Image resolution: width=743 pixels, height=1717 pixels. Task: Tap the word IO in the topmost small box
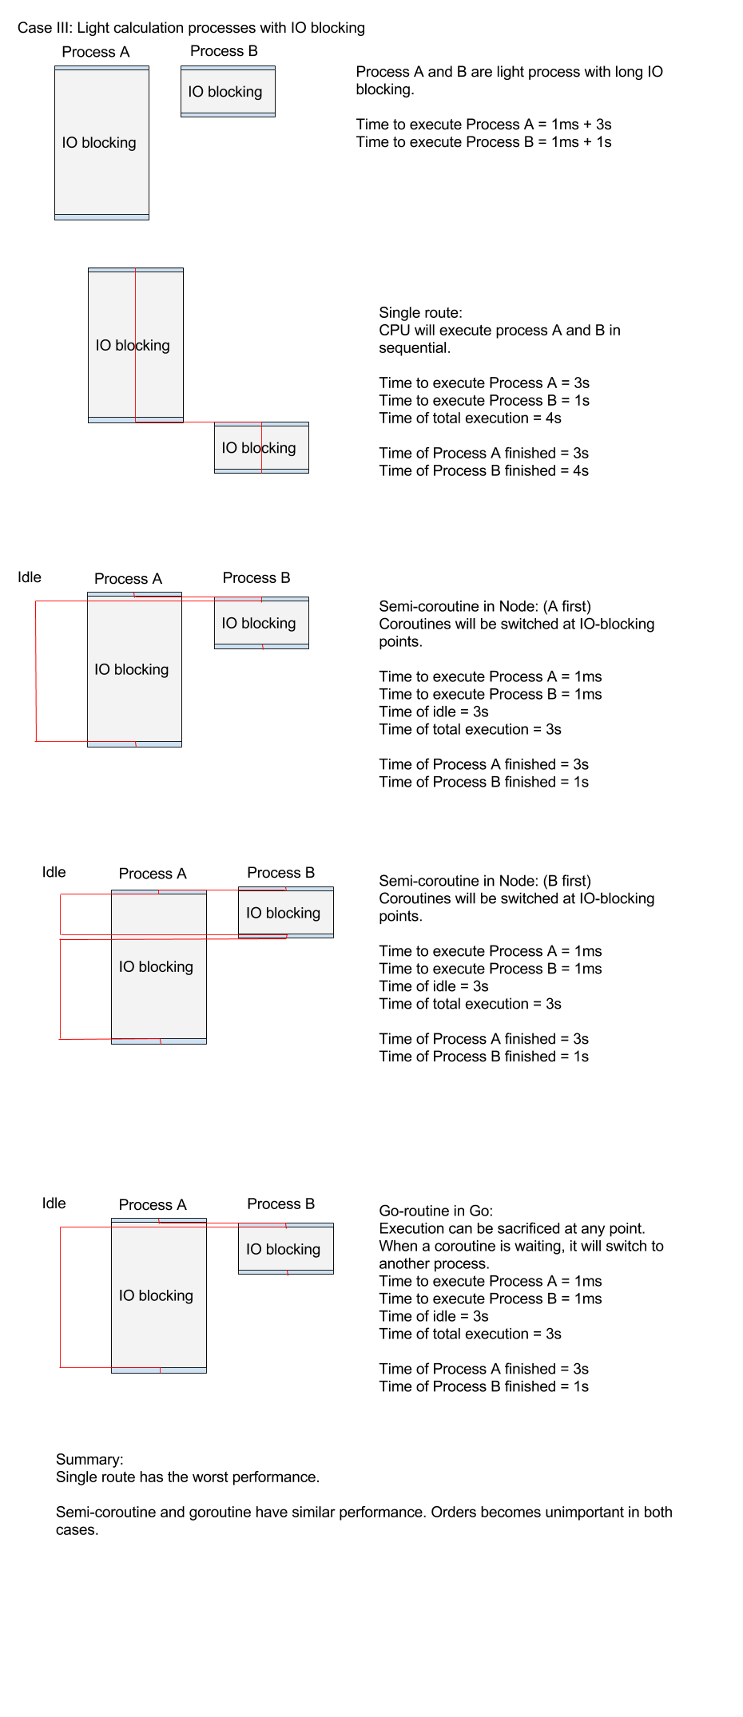coord(196,92)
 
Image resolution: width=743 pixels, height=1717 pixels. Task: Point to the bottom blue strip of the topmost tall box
coord(101,216)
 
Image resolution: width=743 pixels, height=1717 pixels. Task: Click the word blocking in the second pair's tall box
coord(143,346)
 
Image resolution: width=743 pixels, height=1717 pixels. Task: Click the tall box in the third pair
coord(134,703)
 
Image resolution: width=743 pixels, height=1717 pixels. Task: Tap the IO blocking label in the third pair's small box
coord(259,624)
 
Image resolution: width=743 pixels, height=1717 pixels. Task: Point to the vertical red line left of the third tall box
coord(36,671)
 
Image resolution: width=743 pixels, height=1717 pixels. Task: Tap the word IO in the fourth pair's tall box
coord(126,967)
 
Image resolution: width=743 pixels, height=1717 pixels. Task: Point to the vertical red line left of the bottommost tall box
coord(61,1297)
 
